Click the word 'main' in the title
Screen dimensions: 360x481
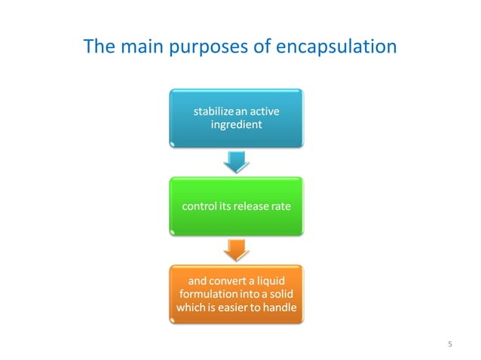143,47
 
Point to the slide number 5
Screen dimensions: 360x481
450,345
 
